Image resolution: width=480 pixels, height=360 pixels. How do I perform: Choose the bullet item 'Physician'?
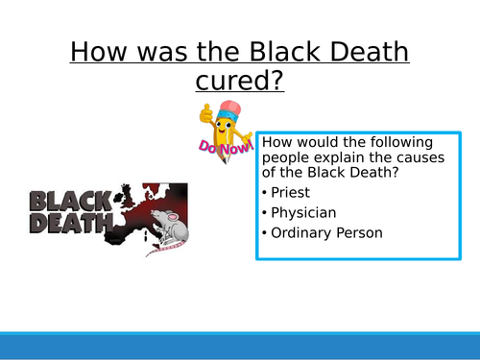click(x=302, y=211)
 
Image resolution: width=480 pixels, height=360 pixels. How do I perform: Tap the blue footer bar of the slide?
click(x=240, y=346)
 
